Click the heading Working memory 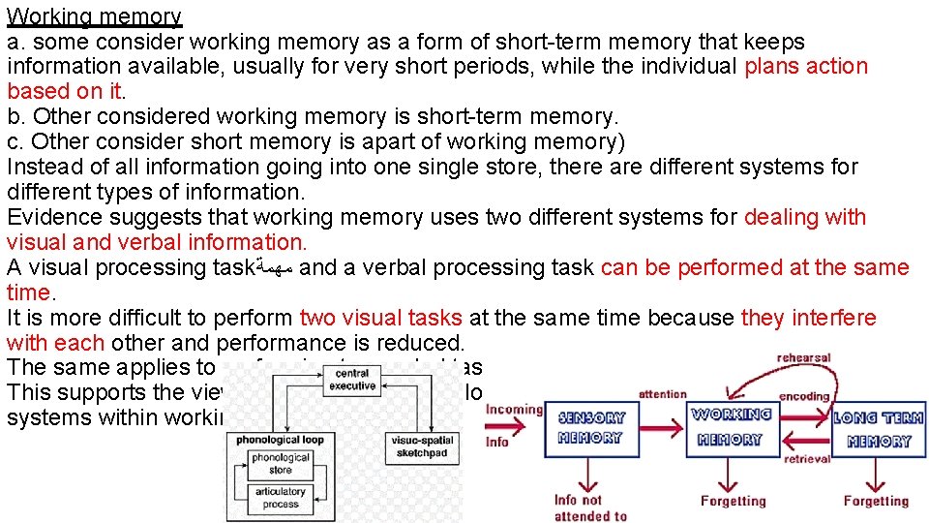pyautogui.click(x=94, y=16)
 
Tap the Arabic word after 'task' pyautogui.click(x=275, y=268)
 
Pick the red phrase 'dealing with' pyautogui.click(x=805, y=218)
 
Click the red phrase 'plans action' pyautogui.click(x=806, y=67)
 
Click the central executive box pyautogui.click(x=352, y=380)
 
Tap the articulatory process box pyautogui.click(x=280, y=498)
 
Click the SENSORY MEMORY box pyautogui.click(x=592, y=428)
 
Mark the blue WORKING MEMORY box pyautogui.click(x=731, y=427)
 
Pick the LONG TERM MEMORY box pyautogui.click(x=879, y=428)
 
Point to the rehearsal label pyautogui.click(x=803, y=358)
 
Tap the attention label pyautogui.click(x=663, y=394)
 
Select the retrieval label pyautogui.click(x=807, y=459)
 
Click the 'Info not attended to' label pyautogui.click(x=590, y=508)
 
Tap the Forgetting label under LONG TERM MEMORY pyautogui.click(x=876, y=502)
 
